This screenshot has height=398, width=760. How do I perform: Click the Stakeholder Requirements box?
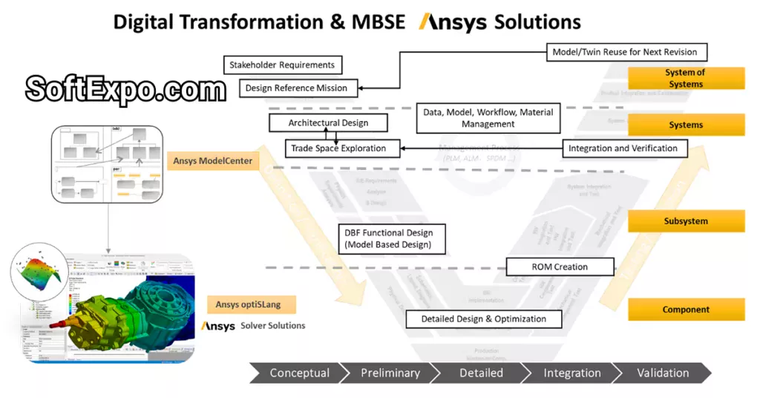pyautogui.click(x=282, y=65)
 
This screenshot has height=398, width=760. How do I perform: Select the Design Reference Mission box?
pyautogui.click(x=296, y=88)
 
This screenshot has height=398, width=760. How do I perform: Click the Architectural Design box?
pyautogui.click(x=328, y=123)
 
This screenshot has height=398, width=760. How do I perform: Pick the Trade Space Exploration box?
pyautogui.click(x=338, y=148)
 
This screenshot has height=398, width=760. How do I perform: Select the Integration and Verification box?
pyautogui.click(x=623, y=148)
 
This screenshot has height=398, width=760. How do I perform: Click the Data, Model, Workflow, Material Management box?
pyautogui.click(x=488, y=118)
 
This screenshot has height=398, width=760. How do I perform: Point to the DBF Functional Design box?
pyautogui.click(x=390, y=238)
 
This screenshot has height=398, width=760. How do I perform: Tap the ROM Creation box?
pyautogui.click(x=560, y=267)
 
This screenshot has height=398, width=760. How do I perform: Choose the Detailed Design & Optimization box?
pyautogui.click(x=483, y=319)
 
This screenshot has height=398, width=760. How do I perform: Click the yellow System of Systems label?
pyautogui.click(x=685, y=78)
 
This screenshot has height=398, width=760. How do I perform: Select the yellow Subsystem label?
pyautogui.click(x=685, y=221)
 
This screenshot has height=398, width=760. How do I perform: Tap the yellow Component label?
pyautogui.click(x=685, y=310)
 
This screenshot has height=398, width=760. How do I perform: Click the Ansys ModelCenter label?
pyautogui.click(x=213, y=160)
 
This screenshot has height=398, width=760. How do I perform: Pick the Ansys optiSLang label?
pyautogui.click(x=252, y=304)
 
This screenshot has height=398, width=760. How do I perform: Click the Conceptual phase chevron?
pyautogui.click(x=299, y=373)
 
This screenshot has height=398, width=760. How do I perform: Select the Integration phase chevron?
pyautogui.click(x=571, y=373)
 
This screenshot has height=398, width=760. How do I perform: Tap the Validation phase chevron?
pyautogui.click(x=662, y=373)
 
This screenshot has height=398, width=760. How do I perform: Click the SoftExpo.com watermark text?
pyautogui.click(x=125, y=90)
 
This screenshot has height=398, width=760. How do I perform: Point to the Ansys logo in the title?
pyautogui.click(x=453, y=22)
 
